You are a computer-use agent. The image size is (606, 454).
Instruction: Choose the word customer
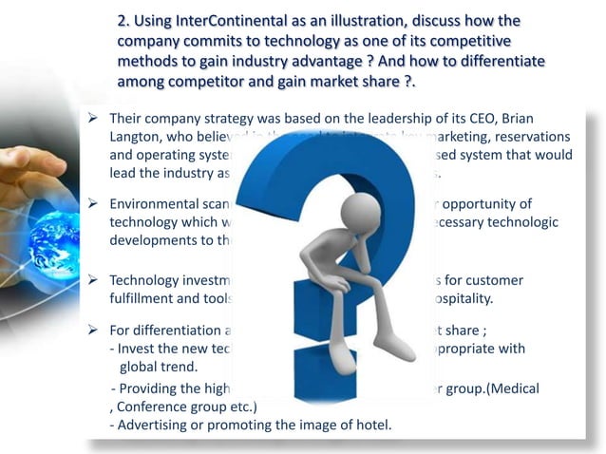tap(513, 281)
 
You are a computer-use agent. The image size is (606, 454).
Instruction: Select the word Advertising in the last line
tap(156, 424)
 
